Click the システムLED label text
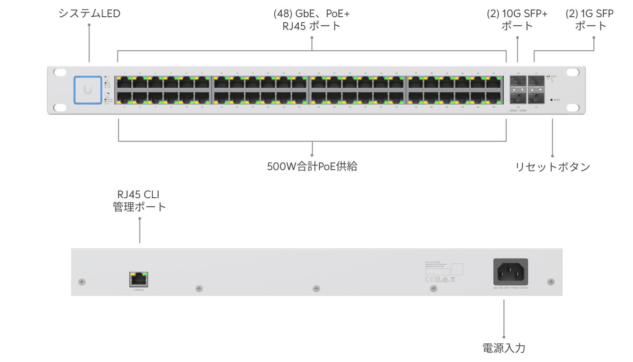[89, 14]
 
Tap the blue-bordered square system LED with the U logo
[88, 90]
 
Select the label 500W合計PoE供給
[312, 167]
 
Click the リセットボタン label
[553, 167]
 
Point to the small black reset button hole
[551, 100]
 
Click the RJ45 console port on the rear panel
[139, 279]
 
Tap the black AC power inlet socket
[511, 272]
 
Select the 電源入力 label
[504, 348]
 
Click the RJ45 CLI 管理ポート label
[139, 201]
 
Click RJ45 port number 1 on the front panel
[124, 83]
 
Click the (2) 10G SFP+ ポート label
[517, 19]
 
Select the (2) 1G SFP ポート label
[590, 19]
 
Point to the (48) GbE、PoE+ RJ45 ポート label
[312, 19]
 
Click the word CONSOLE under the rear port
[138, 290]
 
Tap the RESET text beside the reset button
[557, 100]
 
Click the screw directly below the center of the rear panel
[316, 288]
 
